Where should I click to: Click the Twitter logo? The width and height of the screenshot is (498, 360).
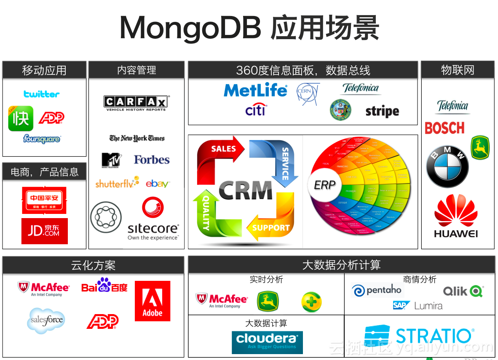(41, 94)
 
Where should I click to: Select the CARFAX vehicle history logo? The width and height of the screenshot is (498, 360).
(136, 103)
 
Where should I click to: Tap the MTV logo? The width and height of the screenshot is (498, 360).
(111, 160)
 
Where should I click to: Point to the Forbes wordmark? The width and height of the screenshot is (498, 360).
(152, 160)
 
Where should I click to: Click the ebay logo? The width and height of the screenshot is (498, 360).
(158, 184)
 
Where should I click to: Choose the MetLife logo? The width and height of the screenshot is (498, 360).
(255, 91)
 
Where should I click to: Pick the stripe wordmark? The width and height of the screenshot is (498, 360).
(382, 112)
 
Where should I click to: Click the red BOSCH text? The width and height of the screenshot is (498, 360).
(444, 128)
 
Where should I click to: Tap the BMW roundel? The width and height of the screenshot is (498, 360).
(447, 167)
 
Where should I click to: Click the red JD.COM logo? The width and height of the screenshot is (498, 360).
(45, 231)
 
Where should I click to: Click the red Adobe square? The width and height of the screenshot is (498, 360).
(153, 301)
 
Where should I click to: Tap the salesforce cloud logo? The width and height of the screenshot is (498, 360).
(46, 320)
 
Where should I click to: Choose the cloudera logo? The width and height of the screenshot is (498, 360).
(267, 341)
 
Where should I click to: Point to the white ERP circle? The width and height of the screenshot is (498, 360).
(324, 185)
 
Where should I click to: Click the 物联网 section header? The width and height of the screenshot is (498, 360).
(458, 70)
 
